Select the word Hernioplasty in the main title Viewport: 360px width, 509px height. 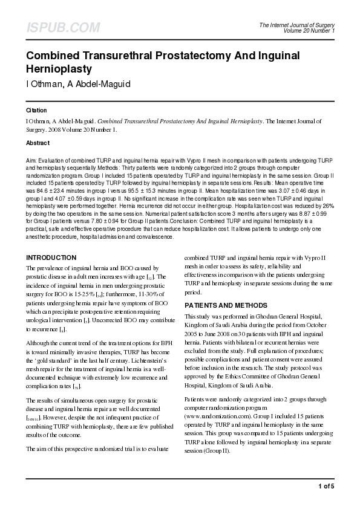point(59,69)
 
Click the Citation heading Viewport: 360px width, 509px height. point(36,111)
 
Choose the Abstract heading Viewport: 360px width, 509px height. point(38,143)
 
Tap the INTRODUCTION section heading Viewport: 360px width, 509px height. point(51,258)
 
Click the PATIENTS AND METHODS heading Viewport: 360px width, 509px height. point(225,306)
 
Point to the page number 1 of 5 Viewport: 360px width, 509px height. point(326,486)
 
